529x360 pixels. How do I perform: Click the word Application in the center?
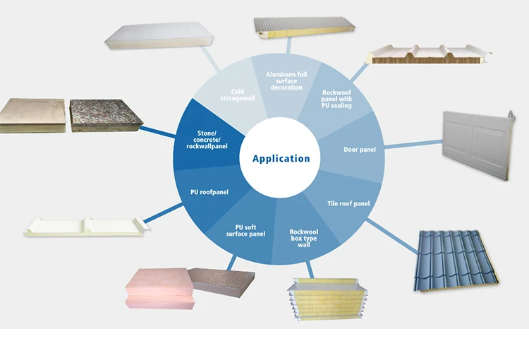tap(281, 158)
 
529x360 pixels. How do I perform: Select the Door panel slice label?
tap(359, 150)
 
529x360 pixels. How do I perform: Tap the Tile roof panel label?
tap(348, 204)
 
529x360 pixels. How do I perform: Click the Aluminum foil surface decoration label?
tap(285, 80)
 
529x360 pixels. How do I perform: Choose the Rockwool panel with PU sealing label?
tap(336, 99)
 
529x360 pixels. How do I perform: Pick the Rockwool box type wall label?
tap(304, 238)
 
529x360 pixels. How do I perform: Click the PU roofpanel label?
tap(209, 191)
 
